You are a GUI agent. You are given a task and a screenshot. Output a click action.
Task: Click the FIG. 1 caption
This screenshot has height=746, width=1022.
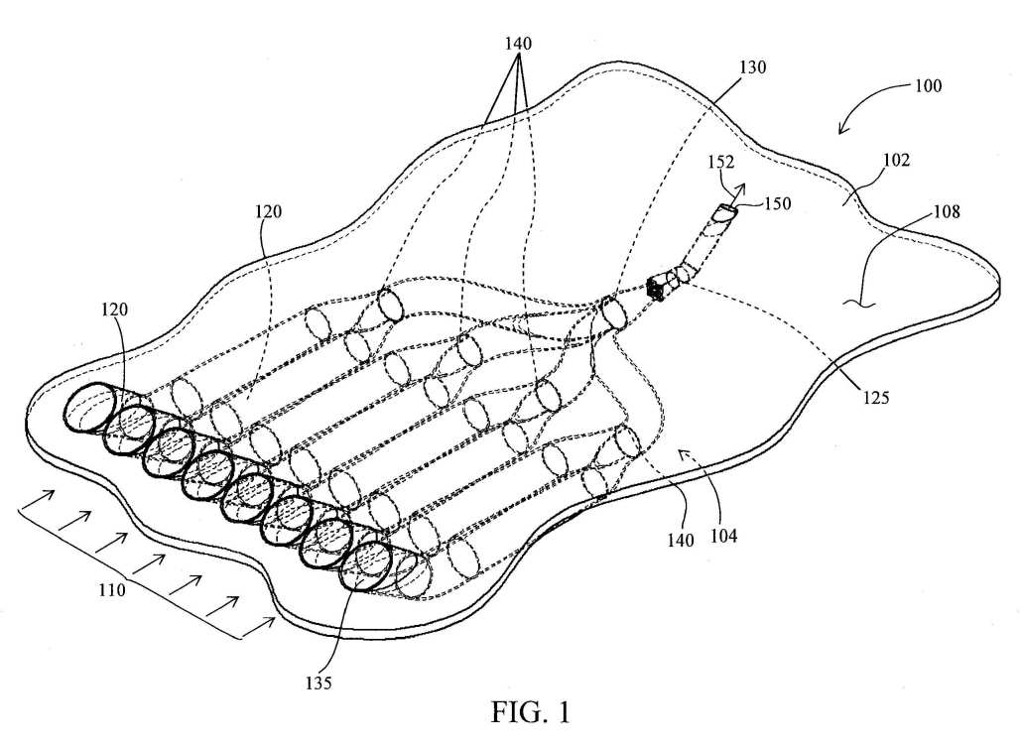click(531, 711)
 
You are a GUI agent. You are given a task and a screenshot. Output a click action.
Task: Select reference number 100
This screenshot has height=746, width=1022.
click(928, 85)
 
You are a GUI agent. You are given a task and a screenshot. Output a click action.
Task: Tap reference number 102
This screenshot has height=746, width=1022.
click(896, 160)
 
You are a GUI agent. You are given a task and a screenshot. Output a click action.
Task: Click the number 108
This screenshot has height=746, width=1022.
click(947, 211)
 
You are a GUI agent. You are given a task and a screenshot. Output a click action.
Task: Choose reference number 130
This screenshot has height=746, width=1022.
click(752, 67)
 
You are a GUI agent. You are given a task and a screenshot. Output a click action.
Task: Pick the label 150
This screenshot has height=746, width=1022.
click(777, 204)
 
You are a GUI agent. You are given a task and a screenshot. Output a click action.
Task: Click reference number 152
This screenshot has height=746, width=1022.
click(721, 162)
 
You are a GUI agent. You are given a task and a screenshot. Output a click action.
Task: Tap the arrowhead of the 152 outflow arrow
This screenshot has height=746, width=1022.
click(741, 188)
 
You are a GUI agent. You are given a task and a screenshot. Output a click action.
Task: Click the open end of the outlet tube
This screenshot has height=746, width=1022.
click(724, 212)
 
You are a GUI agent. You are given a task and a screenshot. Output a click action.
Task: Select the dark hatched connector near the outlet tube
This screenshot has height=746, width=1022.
click(656, 288)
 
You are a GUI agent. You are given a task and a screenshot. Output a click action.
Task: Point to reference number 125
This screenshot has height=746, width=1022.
click(875, 397)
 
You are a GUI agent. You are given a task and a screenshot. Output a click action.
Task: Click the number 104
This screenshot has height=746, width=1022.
click(723, 536)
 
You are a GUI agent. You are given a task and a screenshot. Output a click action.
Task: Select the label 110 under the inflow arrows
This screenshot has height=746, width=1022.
click(112, 590)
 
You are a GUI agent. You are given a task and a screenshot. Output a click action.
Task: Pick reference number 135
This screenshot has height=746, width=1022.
click(319, 683)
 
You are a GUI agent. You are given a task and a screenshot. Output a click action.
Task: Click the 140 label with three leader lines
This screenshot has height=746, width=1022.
click(518, 44)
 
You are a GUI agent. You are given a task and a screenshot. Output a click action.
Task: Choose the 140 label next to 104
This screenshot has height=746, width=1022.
click(680, 540)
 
